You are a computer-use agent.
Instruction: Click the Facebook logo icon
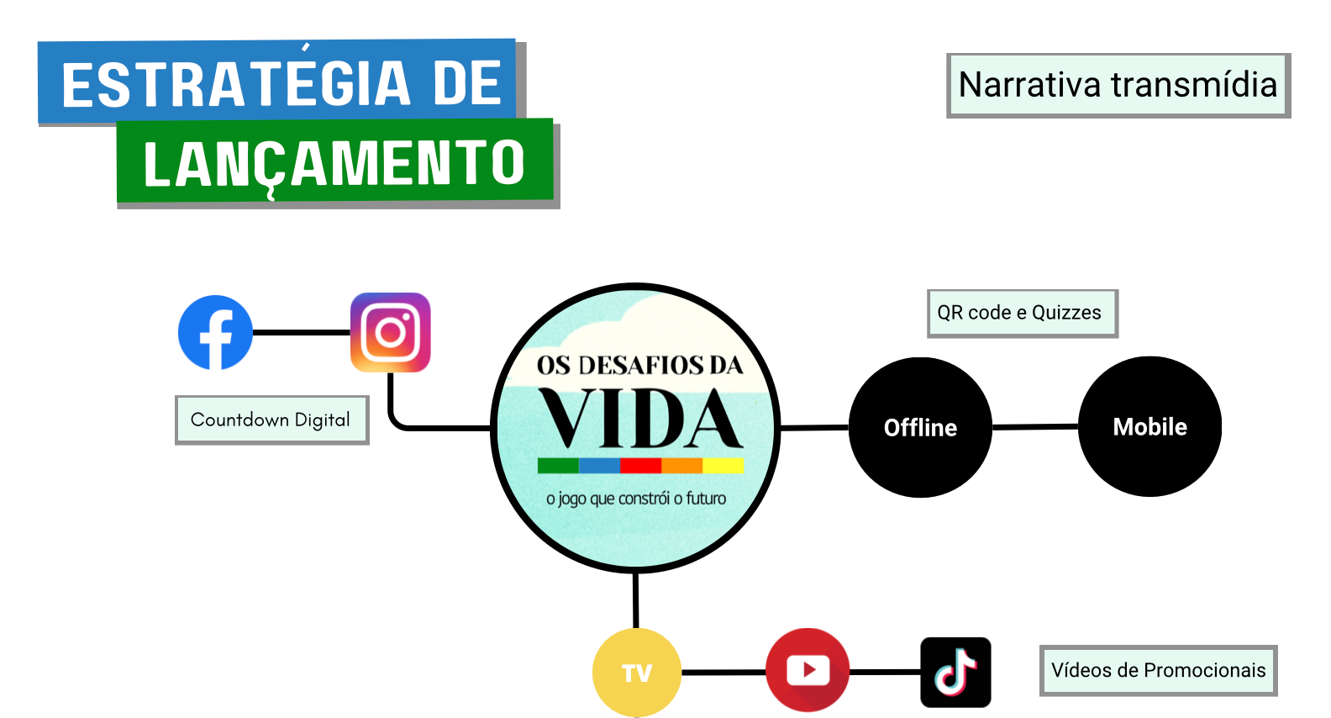(x=215, y=333)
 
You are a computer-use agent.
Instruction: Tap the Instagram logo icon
(x=390, y=332)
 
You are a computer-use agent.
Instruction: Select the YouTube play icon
(x=808, y=670)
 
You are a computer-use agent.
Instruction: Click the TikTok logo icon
(x=955, y=672)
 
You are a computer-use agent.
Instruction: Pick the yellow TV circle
(x=637, y=673)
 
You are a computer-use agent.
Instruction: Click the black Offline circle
(x=920, y=427)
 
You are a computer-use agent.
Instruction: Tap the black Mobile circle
(x=1149, y=426)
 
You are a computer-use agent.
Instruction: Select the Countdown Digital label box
(x=271, y=420)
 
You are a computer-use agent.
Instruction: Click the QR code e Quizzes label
(x=1022, y=313)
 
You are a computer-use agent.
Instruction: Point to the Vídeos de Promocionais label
(x=1158, y=670)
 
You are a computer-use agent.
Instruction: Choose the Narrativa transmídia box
(x=1118, y=85)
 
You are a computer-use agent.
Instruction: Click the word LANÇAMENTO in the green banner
(x=334, y=163)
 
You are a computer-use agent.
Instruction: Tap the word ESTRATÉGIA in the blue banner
(x=236, y=84)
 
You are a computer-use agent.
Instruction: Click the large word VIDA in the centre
(x=640, y=420)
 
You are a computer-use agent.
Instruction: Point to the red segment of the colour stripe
(x=640, y=465)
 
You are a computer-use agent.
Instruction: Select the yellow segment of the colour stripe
(x=723, y=465)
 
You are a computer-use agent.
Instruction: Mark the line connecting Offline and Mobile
(x=1035, y=427)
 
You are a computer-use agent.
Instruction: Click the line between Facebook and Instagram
(x=301, y=333)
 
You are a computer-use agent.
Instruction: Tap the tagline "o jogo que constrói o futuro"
(x=636, y=499)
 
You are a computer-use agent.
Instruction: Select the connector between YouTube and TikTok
(x=885, y=672)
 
